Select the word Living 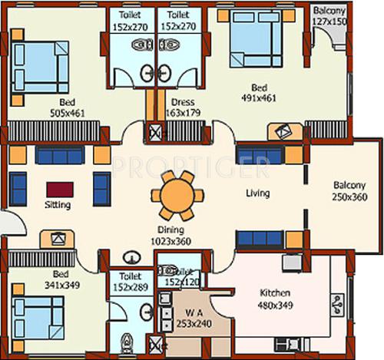coord(257,193)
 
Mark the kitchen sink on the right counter coord(338,306)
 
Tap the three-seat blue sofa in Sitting coord(59,157)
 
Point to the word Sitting coord(58,206)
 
